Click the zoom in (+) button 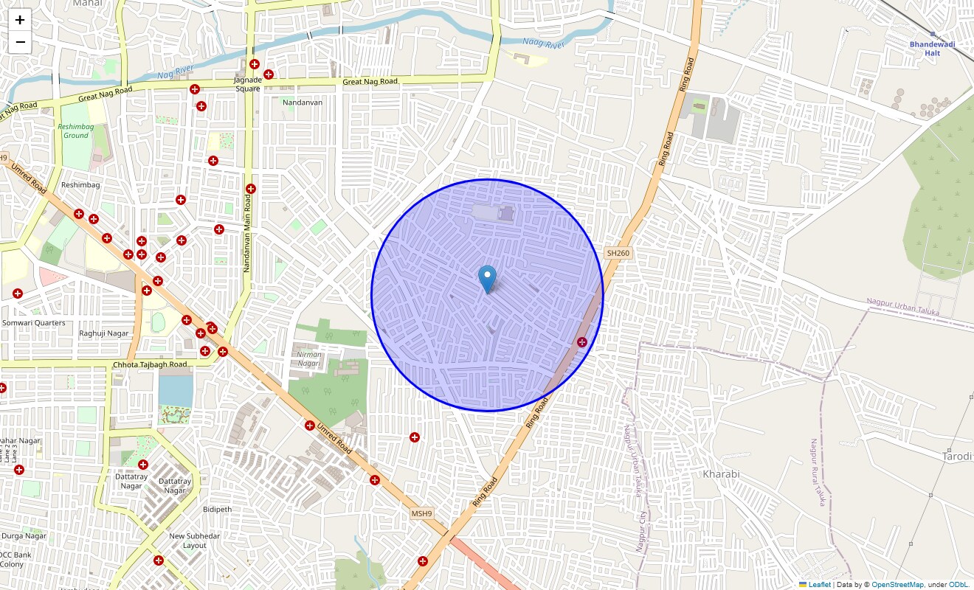pyautogui.click(x=20, y=20)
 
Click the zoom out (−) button pyautogui.click(x=20, y=42)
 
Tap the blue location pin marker pyautogui.click(x=487, y=280)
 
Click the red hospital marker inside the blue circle pyautogui.click(x=582, y=342)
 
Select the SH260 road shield pyautogui.click(x=618, y=253)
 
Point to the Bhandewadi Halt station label pyautogui.click(x=932, y=48)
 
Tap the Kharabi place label pyautogui.click(x=721, y=473)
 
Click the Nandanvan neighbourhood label pyautogui.click(x=303, y=103)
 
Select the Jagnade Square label pyautogui.click(x=248, y=84)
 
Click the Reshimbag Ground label pyautogui.click(x=75, y=131)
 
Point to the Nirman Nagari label pyautogui.click(x=309, y=358)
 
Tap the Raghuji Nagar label pyautogui.click(x=104, y=333)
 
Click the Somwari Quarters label pyautogui.click(x=34, y=323)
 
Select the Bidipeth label pyautogui.click(x=217, y=509)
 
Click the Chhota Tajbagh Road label pyautogui.click(x=150, y=365)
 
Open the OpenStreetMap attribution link pyautogui.click(x=897, y=585)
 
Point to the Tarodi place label pyautogui.click(x=958, y=457)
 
